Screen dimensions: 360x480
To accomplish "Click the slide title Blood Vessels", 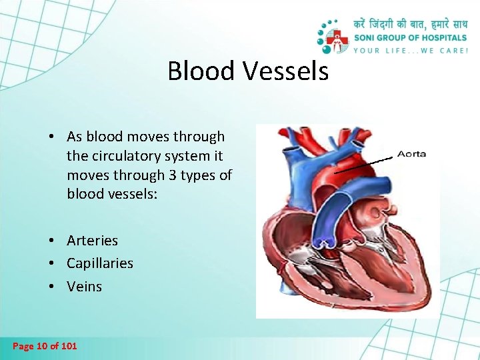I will tap(248, 71).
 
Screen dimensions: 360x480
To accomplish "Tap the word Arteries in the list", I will tap(92, 241).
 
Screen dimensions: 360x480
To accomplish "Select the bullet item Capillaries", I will tap(99, 263).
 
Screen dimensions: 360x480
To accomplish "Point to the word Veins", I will tap(84, 287).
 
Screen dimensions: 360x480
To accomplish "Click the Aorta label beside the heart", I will tap(411, 154).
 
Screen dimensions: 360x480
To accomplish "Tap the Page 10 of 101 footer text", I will tap(45, 346).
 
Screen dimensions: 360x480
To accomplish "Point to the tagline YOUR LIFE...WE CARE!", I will tap(411, 50).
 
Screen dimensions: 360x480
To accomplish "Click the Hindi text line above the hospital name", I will tap(411, 24).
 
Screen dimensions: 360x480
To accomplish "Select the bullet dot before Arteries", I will tap(51, 241).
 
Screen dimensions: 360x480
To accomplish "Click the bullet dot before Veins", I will tap(51, 287).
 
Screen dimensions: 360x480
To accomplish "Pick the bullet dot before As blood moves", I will tap(51, 137).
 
